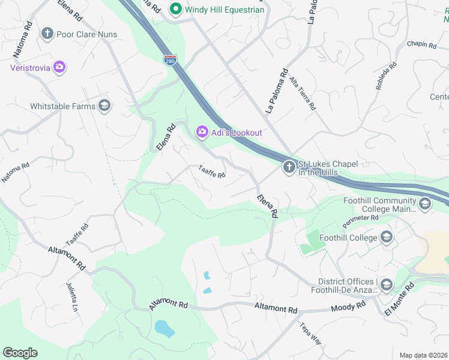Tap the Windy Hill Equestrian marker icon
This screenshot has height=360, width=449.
tap(176, 9)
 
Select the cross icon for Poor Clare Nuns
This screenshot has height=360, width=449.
tap(47, 34)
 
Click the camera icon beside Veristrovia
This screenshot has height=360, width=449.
tap(59, 67)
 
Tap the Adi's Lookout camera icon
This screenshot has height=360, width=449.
tap(202, 131)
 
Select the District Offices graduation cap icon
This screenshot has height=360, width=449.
tap(387, 284)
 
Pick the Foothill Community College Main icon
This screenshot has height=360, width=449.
tap(426, 204)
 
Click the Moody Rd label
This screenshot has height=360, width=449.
tap(348, 307)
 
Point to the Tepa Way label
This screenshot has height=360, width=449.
tap(311, 333)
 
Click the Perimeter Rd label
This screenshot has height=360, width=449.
tap(361, 221)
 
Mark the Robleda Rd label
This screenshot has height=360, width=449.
tap(386, 76)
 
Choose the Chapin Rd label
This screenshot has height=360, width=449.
tap(420, 44)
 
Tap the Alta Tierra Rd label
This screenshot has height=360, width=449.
tap(303, 94)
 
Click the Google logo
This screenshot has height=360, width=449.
tap(20, 353)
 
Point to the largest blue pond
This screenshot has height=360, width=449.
tap(163, 328)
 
